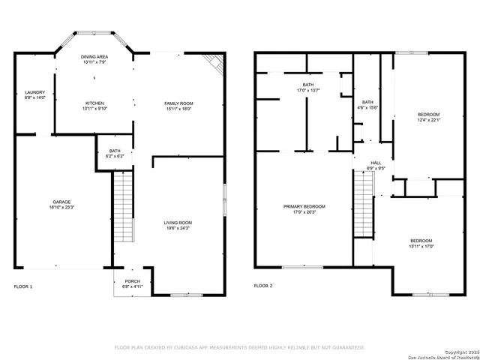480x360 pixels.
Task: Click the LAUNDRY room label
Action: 34,92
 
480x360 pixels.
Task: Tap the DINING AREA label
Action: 94,57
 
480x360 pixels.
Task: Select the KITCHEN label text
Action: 94,103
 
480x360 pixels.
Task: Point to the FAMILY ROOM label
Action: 179,103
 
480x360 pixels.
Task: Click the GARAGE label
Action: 61,202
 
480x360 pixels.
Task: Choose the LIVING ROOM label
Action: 178,222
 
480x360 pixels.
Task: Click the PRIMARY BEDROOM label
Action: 304,206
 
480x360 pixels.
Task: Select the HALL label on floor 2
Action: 375,163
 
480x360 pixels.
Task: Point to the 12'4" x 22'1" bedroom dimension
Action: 429,119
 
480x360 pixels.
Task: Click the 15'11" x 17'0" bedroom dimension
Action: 421,245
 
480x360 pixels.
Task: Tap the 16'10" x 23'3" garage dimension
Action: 61,207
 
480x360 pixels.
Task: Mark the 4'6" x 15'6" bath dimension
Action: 367,108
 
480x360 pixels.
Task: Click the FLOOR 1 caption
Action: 24,286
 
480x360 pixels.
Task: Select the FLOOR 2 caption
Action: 263,286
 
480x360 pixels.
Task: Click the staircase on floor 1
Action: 122,206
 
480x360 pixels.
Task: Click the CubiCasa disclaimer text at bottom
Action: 239,347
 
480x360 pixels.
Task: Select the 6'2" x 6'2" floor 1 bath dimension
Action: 115,156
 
